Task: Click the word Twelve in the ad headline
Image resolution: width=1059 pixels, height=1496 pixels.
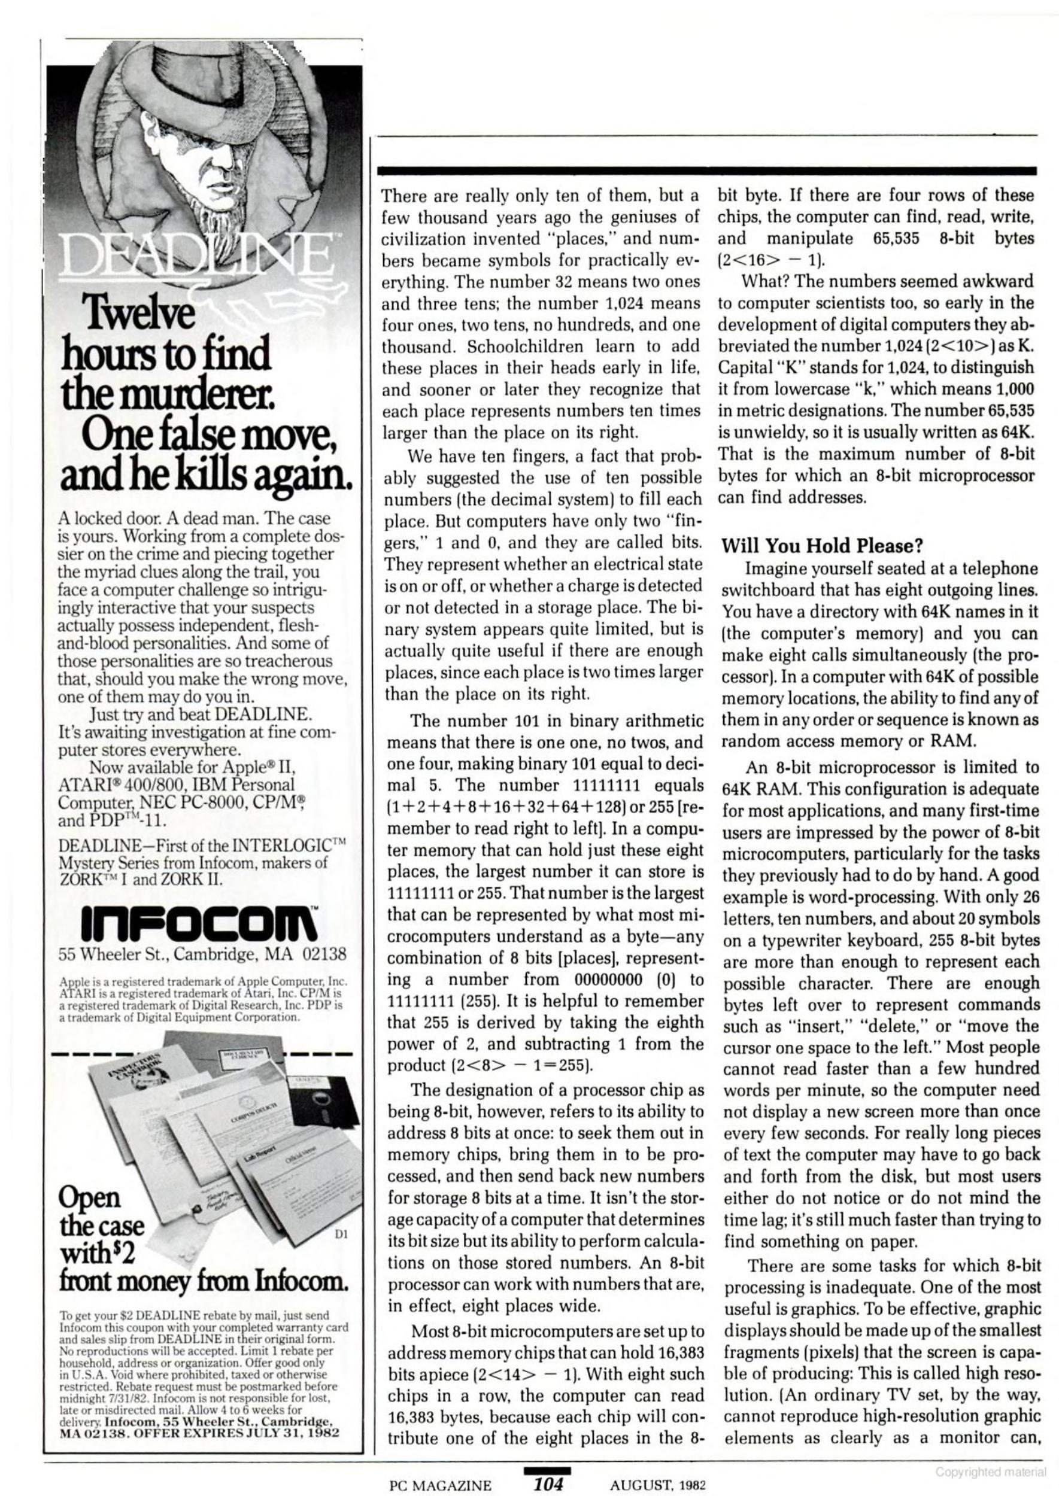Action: click(138, 314)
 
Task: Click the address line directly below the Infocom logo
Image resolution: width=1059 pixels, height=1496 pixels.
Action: click(202, 956)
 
